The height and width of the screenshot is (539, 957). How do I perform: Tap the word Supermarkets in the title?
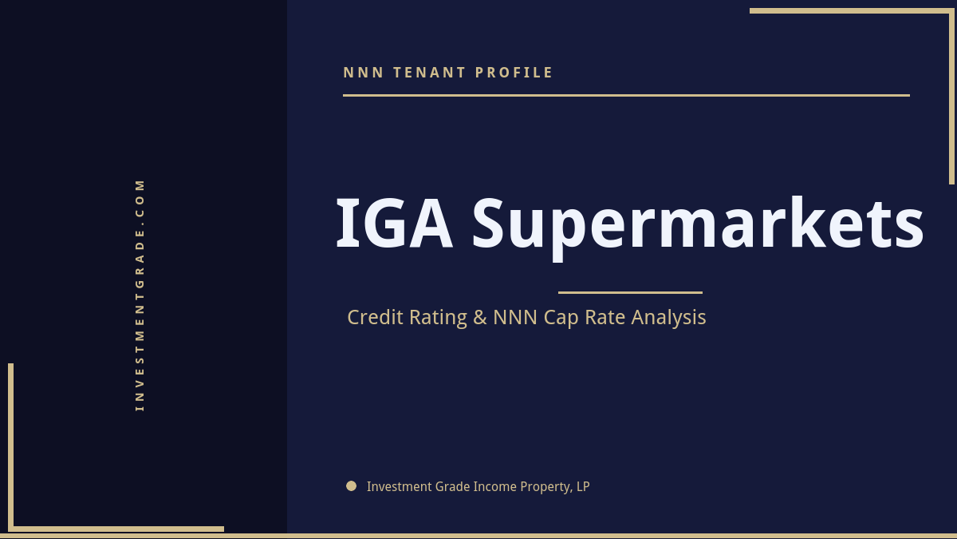click(698, 226)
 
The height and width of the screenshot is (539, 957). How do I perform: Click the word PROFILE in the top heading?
click(514, 73)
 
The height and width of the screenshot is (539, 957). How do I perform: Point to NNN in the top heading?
click(364, 73)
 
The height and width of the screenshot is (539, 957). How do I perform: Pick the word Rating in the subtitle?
click(438, 318)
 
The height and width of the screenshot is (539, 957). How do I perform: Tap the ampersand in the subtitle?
click(480, 317)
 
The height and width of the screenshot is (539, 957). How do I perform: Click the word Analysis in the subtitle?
click(668, 317)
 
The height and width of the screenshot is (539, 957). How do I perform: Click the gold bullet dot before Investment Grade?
click(351, 485)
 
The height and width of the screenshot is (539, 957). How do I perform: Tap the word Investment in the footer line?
click(394, 486)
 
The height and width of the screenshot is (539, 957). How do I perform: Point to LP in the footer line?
click(582, 486)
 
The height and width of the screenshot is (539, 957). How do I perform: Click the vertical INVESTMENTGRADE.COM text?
click(140, 295)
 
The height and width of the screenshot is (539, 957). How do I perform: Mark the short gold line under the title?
click(630, 292)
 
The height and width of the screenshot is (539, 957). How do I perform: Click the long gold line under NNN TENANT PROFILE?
click(626, 95)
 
